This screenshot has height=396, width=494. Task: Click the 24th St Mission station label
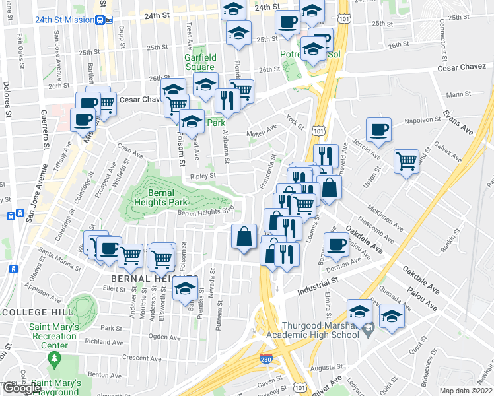(65, 20)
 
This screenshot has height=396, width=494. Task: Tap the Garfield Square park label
(199, 62)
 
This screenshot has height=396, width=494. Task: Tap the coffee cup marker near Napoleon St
(378, 130)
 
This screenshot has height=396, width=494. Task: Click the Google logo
(22, 387)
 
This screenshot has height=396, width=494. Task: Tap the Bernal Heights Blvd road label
(206, 212)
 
